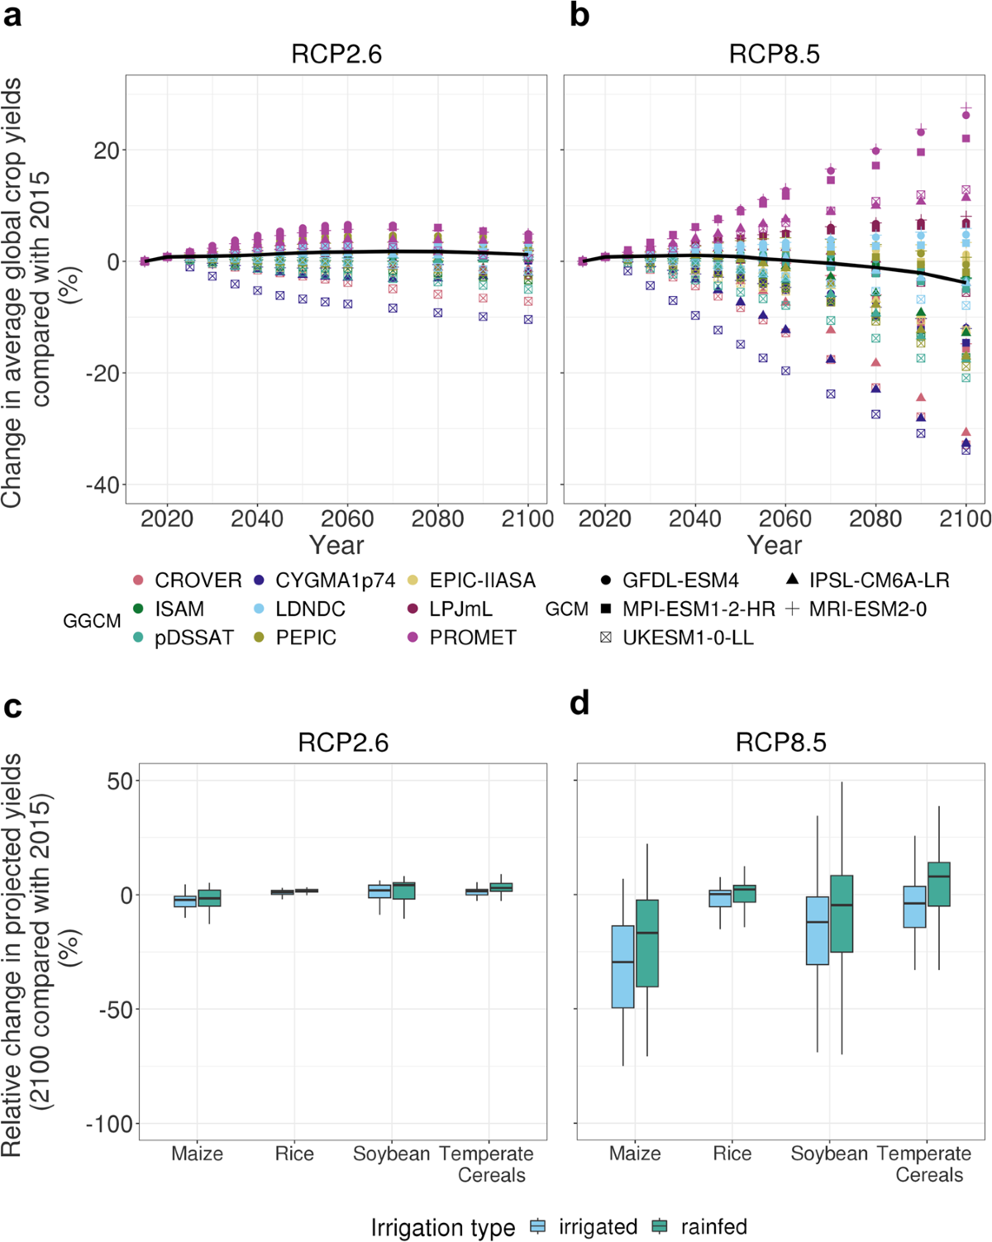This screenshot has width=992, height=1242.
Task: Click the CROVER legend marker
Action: click(138, 580)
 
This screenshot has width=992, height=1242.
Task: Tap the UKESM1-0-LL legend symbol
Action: click(606, 638)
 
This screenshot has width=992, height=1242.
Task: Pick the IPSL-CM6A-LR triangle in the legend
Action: click(793, 580)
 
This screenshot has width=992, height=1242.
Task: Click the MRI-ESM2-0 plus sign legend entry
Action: click(793, 609)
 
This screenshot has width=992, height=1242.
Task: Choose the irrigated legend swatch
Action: click(538, 1227)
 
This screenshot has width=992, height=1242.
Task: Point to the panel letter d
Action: click(579, 704)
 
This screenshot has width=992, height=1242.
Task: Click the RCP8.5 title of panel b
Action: click(775, 55)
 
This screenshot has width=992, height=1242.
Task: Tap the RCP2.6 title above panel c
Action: click(343, 743)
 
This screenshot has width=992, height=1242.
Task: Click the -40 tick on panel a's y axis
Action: click(103, 485)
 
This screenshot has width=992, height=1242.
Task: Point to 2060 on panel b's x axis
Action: click(785, 519)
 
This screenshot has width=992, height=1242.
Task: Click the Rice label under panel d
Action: click(732, 1154)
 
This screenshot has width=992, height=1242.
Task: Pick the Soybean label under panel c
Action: click(391, 1154)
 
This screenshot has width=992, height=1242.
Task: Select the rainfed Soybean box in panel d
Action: click(842, 914)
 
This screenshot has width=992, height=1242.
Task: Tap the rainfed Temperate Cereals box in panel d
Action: click(939, 884)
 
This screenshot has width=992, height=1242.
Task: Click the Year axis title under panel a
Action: click(336, 545)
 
